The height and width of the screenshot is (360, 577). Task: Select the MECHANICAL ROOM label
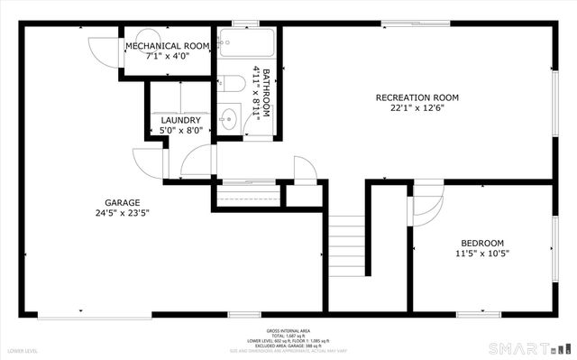168,45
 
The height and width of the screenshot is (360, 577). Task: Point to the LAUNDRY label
180,120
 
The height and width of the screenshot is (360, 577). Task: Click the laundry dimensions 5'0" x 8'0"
180,131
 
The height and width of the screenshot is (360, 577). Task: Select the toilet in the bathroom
233,85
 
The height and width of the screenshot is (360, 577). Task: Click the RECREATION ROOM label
417,97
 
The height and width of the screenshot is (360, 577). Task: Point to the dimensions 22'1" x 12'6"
417,109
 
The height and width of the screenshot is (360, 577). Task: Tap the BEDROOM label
482,243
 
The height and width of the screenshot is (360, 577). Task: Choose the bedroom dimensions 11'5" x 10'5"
482,254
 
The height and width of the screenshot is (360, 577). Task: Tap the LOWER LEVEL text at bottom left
23,349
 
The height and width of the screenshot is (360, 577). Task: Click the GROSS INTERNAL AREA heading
288,331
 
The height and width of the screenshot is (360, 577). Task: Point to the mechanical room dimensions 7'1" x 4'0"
168,56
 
